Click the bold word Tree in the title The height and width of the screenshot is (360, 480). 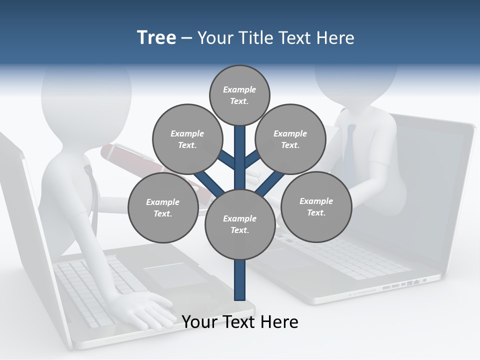click(x=156, y=37)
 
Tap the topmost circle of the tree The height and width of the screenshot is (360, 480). click(x=239, y=95)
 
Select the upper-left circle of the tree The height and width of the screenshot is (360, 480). click(x=187, y=139)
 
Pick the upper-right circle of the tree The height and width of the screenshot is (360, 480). click(x=290, y=139)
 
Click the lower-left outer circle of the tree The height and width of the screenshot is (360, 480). click(x=163, y=207)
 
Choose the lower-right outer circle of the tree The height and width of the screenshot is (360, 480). click(x=316, y=206)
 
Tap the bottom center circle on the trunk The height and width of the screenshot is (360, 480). click(x=239, y=224)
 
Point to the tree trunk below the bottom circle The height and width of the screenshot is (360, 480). click(x=239, y=280)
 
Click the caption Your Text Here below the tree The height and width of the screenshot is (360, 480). click(x=240, y=322)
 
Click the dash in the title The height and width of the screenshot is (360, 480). click(x=186, y=38)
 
